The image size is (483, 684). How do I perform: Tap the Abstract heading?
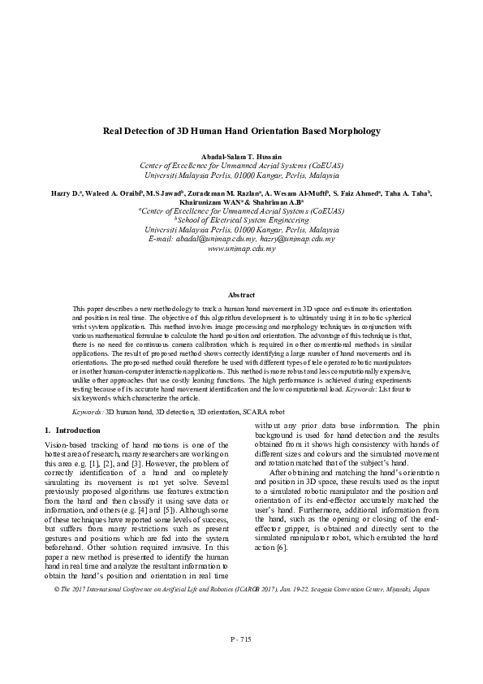pos(241,295)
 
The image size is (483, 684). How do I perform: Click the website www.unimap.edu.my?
pos(241,249)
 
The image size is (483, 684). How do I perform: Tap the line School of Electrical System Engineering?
pos(241,220)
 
